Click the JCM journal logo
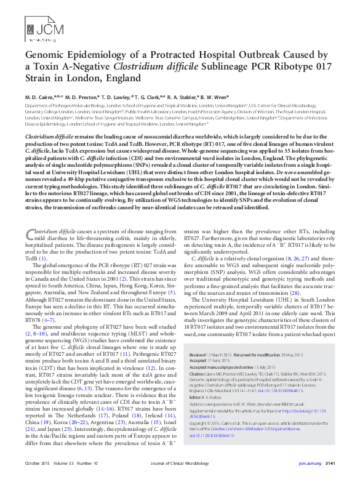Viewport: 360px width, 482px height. [x=38, y=27]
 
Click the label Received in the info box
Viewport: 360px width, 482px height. [x=198, y=355]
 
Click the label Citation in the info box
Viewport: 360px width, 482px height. [x=198, y=373]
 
